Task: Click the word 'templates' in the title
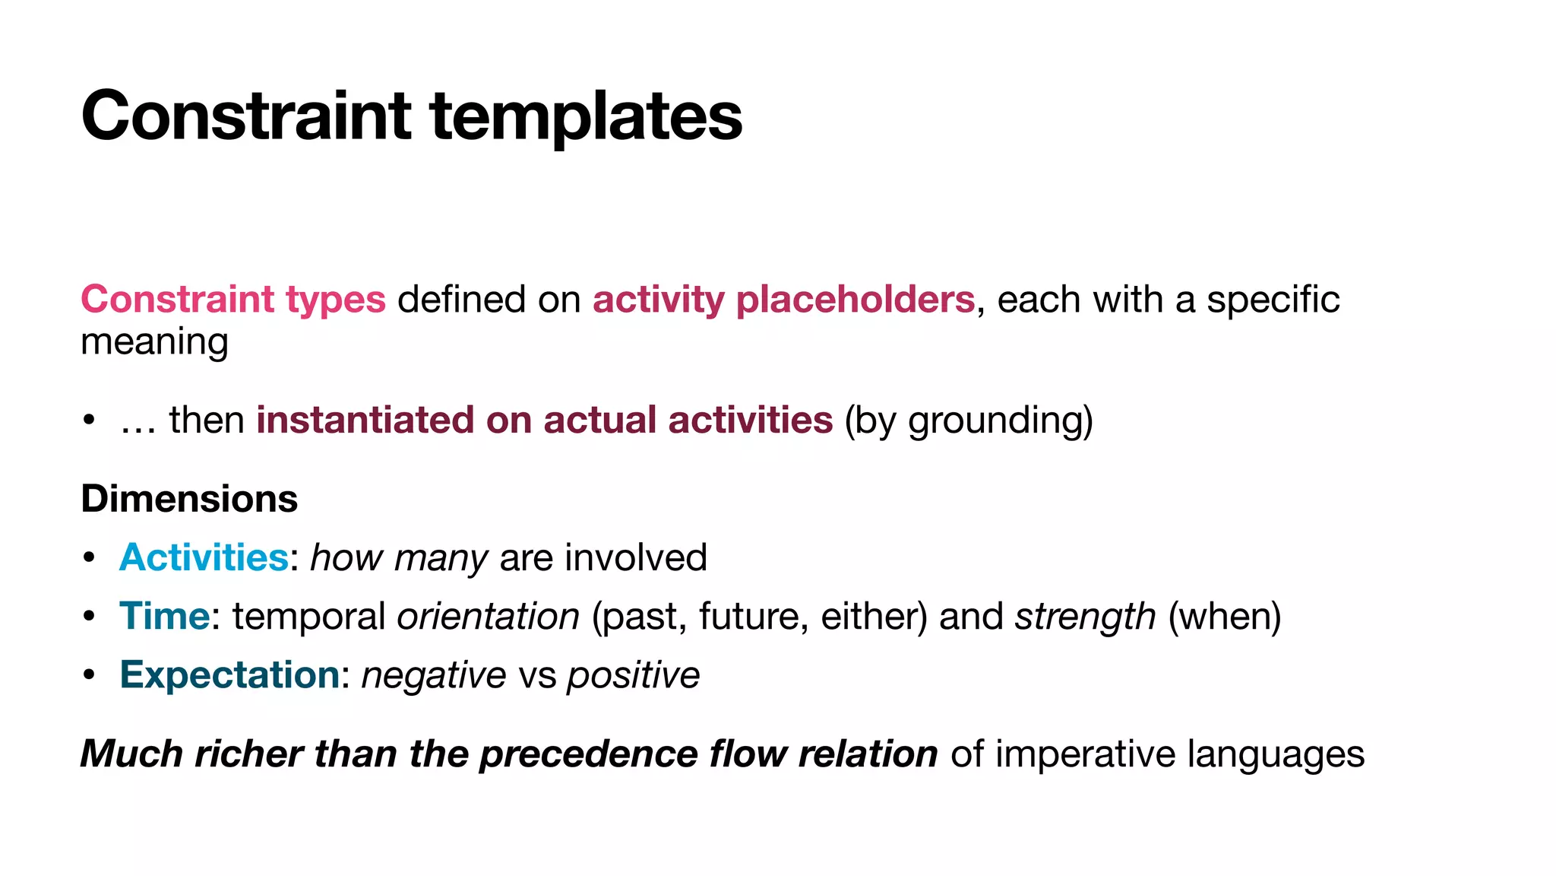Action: [586, 116]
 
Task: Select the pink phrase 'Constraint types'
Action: [233, 299]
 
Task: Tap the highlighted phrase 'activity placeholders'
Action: [783, 299]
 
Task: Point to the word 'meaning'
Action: [154, 341]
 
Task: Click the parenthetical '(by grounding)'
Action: [969, 420]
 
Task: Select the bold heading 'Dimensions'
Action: [189, 499]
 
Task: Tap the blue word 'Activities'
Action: [204, 557]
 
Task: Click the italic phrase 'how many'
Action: [399, 557]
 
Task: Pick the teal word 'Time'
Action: [164, 616]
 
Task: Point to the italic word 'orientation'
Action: [489, 616]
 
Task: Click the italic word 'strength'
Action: [1085, 616]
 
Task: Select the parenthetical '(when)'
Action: [1224, 616]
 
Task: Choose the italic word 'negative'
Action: [434, 674]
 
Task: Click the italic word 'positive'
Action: [634, 674]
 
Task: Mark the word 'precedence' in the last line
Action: [588, 754]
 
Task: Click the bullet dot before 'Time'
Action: [90, 616]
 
